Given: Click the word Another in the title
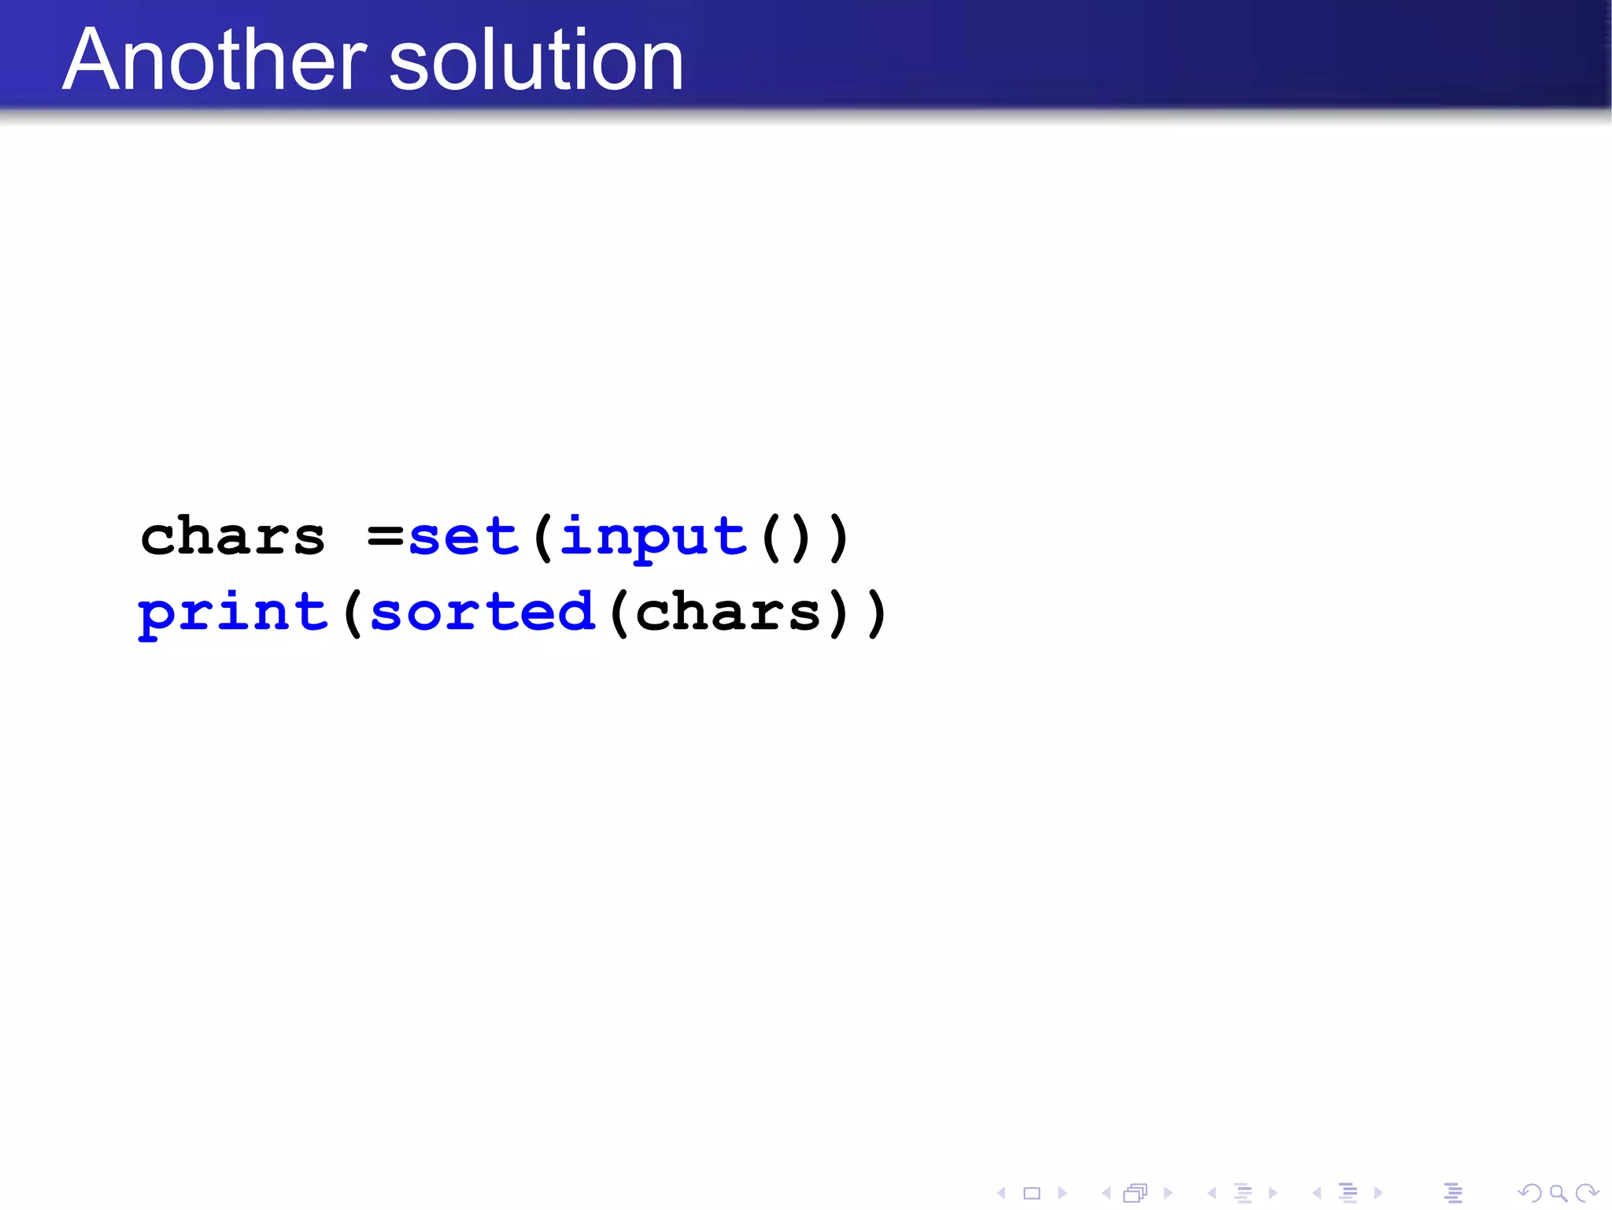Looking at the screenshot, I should (214, 60).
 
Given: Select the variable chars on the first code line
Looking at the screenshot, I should (232, 538).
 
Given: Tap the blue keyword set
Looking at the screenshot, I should (464, 538).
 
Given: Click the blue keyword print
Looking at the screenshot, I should (233, 614).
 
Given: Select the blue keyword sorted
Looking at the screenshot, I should (482, 612).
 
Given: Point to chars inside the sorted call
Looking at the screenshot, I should (728, 612).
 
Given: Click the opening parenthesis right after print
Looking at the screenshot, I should (352, 614).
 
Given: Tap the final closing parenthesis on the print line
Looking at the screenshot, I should (876, 614).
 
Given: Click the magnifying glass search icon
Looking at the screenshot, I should (1558, 1193).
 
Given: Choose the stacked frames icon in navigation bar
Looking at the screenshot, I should (1135, 1193).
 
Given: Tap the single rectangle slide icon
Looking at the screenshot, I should (1032, 1193).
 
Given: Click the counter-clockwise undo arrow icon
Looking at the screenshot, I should (1529, 1193).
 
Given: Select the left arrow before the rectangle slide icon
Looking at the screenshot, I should (1001, 1193).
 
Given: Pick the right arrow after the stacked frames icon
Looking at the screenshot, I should (1168, 1193).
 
